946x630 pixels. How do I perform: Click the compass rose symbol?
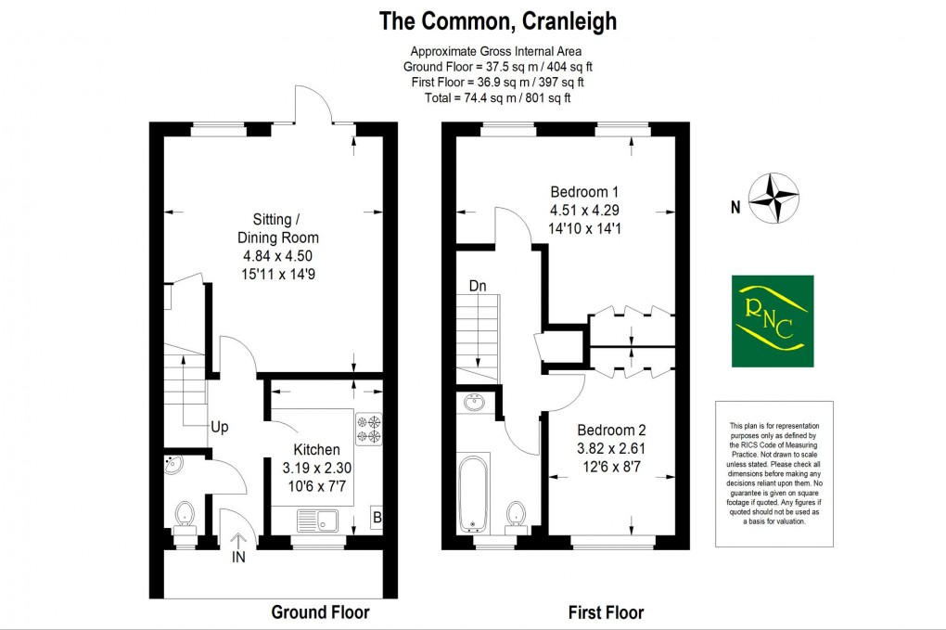(x=774, y=198)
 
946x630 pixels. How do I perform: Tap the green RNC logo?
(x=772, y=321)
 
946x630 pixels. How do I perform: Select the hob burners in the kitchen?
(x=367, y=428)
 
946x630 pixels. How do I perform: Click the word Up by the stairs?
(x=219, y=428)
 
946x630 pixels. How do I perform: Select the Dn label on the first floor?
(x=478, y=287)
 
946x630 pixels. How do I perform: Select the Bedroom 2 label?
(x=611, y=431)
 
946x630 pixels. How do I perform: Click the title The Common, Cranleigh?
(x=498, y=20)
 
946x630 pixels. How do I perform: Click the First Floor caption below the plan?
(x=605, y=612)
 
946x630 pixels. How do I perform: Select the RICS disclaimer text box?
(x=774, y=474)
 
